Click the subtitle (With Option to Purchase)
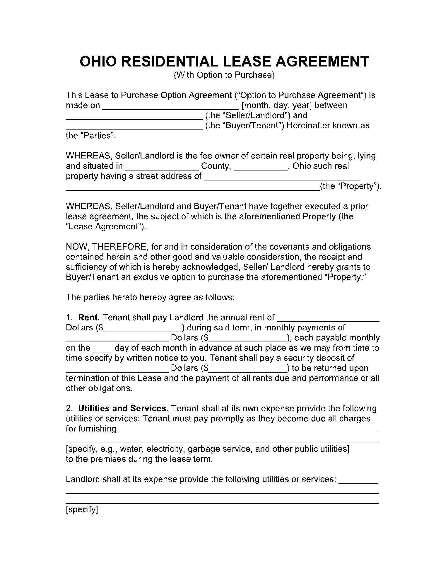[x=224, y=75]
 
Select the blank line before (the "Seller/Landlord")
[x=134, y=116]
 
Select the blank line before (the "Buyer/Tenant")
[x=134, y=127]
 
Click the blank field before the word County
[x=162, y=167]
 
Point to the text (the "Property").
[x=350, y=187]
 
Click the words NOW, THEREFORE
[x=107, y=247]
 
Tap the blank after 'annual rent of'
[x=328, y=318]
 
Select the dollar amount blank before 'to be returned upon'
[x=247, y=369]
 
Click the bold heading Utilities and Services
[x=122, y=408]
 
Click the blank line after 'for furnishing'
[x=249, y=430]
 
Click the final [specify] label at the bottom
[x=82, y=510]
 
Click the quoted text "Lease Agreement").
[x=106, y=227]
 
